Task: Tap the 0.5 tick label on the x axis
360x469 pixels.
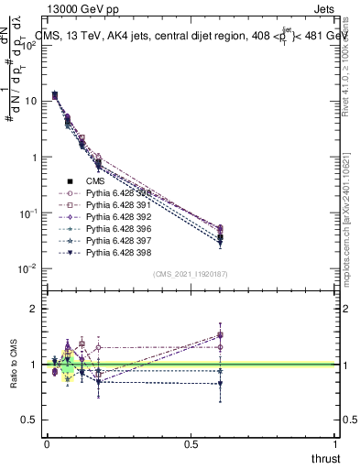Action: coord(191,443)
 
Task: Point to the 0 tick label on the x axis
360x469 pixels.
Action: coord(47,443)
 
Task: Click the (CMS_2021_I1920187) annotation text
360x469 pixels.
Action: coord(191,273)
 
